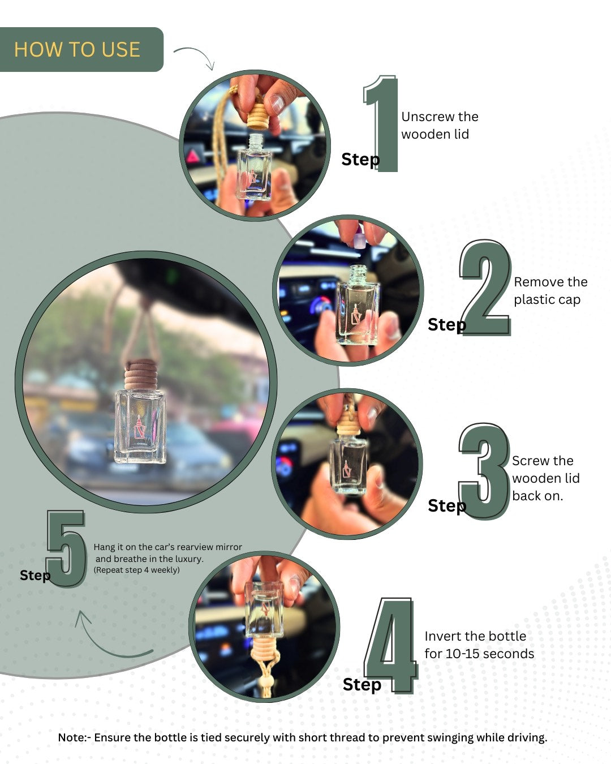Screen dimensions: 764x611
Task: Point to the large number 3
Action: click(x=484, y=471)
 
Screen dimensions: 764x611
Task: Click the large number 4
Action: click(x=393, y=645)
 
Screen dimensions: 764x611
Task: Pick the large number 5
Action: click(x=66, y=549)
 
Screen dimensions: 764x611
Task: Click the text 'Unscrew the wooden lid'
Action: click(x=439, y=125)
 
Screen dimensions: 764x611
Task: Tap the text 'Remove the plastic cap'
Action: click(x=550, y=290)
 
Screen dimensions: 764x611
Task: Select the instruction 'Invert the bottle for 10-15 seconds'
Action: click(x=479, y=645)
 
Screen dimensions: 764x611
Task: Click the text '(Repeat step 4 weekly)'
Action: click(x=136, y=570)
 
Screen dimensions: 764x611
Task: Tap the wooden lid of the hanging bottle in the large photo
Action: click(x=140, y=375)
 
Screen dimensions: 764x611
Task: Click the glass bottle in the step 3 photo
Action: click(x=348, y=464)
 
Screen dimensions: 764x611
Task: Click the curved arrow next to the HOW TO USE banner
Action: click(x=195, y=56)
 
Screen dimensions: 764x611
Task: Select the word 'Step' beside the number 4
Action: click(x=362, y=684)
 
